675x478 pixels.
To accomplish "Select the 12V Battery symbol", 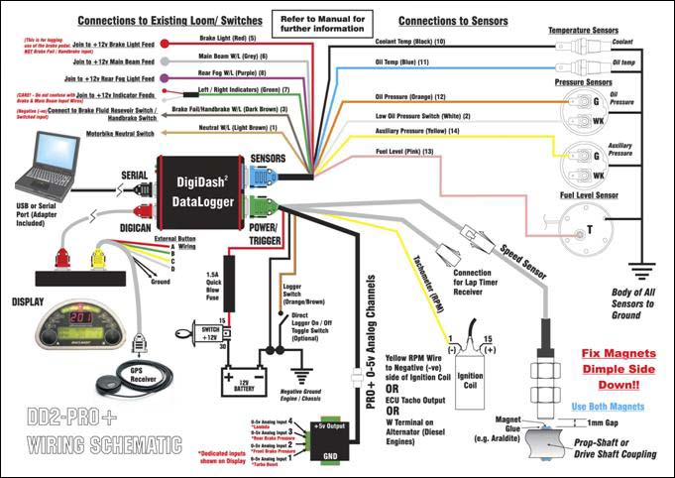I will pos(241,378).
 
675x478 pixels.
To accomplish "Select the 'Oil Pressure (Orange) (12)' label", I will pos(411,97).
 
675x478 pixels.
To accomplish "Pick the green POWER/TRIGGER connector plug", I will pos(263,208).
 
